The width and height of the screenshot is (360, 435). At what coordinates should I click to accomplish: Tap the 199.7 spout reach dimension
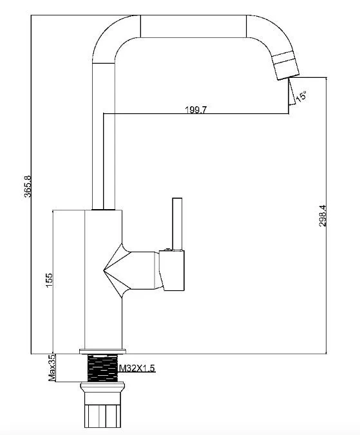(196, 110)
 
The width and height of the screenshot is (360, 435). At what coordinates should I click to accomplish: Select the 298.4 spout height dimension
(323, 216)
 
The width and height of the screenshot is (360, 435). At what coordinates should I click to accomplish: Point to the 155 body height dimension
(49, 280)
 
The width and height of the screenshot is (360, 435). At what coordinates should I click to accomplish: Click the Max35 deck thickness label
(52, 367)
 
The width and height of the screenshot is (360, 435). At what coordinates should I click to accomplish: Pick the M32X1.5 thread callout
(137, 368)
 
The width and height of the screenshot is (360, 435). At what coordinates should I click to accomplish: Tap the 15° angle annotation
(301, 97)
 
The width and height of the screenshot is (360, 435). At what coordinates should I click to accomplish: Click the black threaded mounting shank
(102, 368)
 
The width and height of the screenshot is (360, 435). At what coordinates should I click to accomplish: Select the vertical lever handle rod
(177, 223)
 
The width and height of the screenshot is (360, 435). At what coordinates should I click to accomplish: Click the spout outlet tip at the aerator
(289, 77)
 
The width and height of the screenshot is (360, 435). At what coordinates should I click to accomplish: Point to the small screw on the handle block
(167, 250)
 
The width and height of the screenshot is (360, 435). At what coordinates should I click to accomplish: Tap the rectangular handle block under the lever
(172, 270)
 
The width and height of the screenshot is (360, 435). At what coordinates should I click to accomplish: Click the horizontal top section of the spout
(193, 26)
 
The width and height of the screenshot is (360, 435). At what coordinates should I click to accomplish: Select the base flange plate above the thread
(102, 351)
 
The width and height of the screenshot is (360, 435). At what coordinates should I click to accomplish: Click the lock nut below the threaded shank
(102, 387)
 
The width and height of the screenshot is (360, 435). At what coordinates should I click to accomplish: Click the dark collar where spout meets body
(103, 209)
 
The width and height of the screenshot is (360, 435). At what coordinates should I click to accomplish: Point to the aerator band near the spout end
(284, 58)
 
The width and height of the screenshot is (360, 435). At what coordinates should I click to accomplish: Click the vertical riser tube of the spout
(103, 136)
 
